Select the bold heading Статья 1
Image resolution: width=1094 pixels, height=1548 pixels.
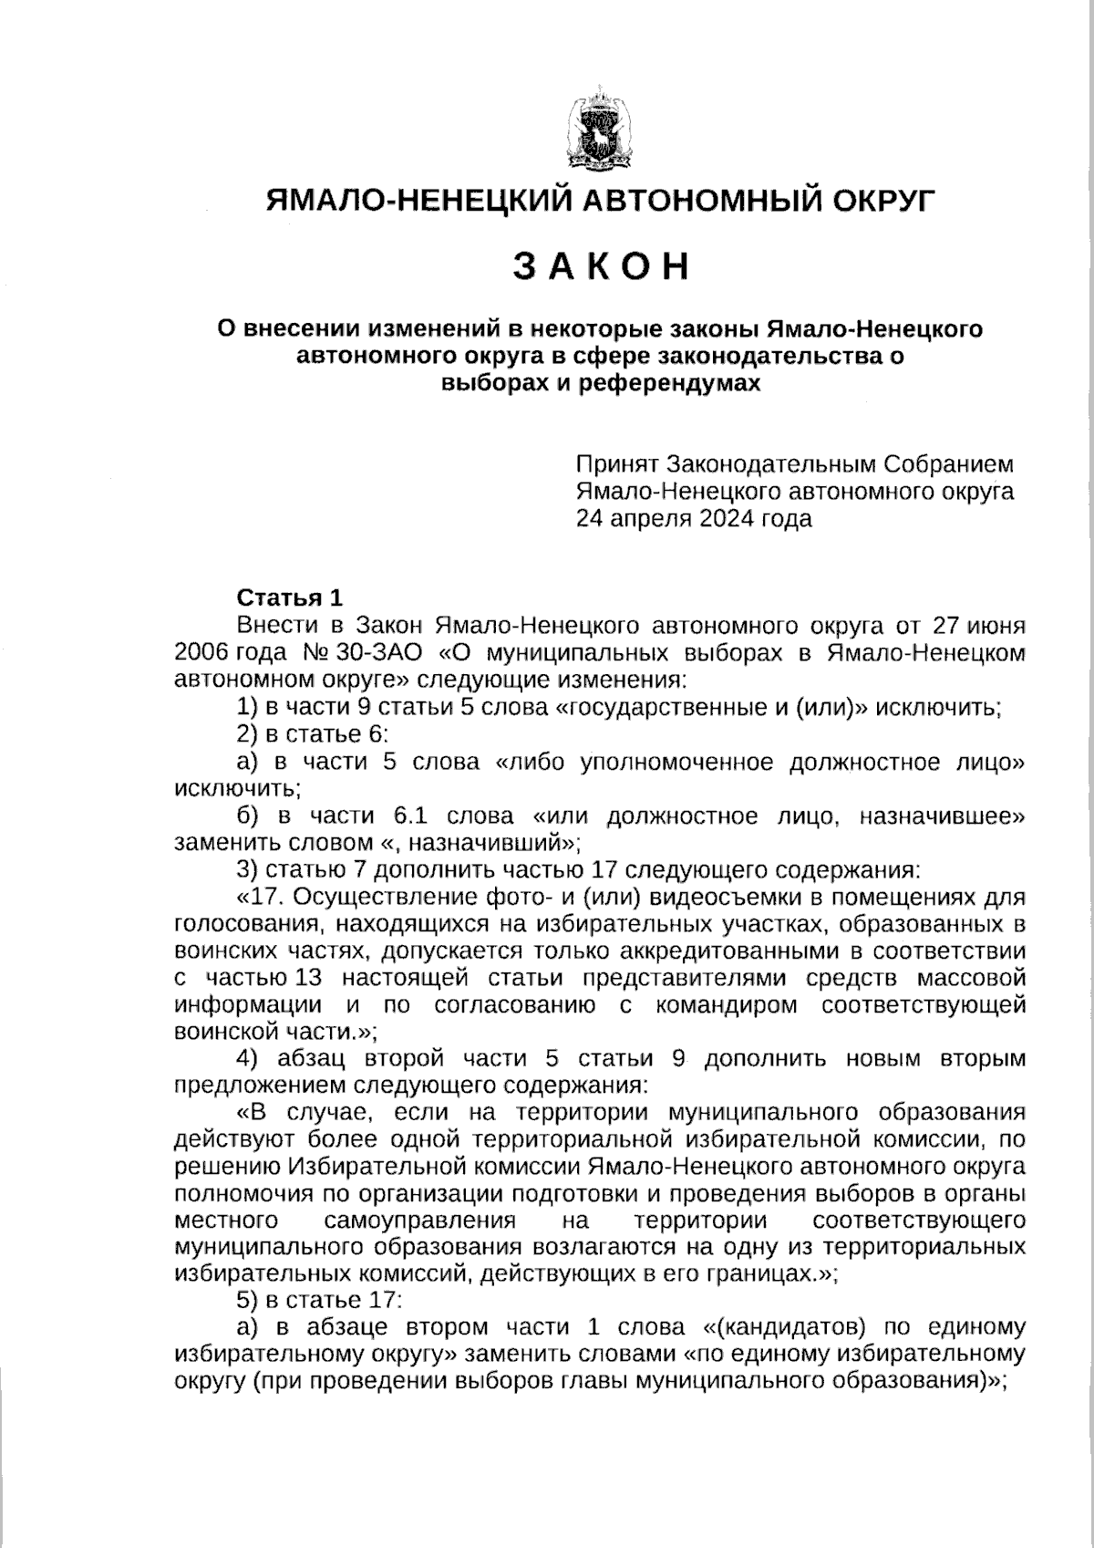pyautogui.click(x=289, y=598)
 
